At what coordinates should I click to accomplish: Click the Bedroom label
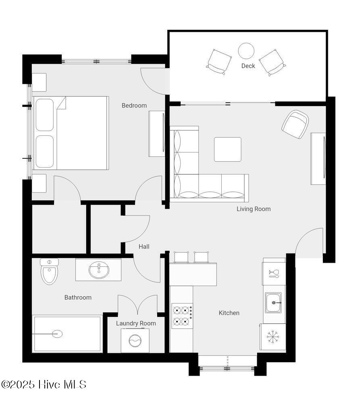[134, 105]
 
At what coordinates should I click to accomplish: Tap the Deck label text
[248, 66]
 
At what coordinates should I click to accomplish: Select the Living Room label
[254, 209]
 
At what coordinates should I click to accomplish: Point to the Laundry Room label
[136, 323]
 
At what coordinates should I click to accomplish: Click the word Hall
[144, 247]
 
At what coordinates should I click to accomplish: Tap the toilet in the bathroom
[49, 271]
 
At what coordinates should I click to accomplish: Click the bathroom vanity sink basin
[99, 270]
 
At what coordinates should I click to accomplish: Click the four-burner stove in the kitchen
[182, 316]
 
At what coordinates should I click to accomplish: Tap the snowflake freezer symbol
[273, 337]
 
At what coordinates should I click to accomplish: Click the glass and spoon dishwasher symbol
[274, 274]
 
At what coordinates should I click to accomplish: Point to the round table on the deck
[246, 51]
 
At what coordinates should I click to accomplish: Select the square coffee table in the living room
[228, 150]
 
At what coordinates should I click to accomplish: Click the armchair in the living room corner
[295, 125]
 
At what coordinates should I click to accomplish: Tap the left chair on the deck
[219, 62]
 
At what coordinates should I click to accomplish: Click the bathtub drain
[57, 334]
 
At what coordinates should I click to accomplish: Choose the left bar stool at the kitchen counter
[181, 257]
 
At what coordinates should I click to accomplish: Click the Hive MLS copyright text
[44, 384]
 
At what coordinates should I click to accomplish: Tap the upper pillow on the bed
[45, 114]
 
